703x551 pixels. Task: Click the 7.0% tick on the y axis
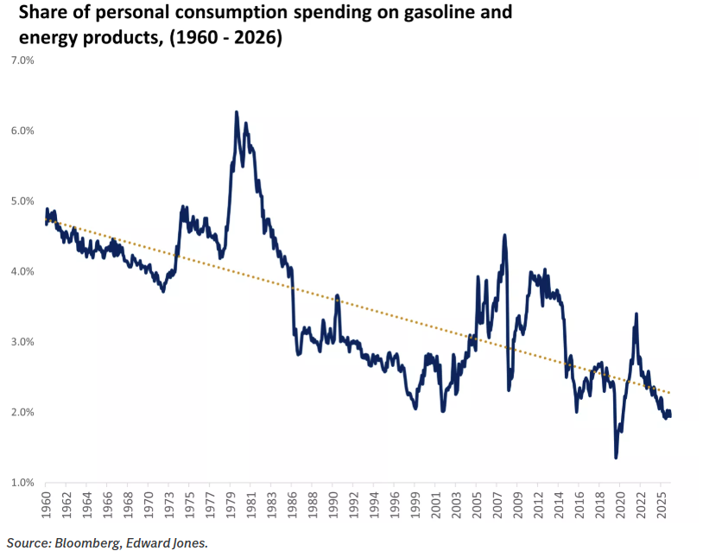[x=21, y=60]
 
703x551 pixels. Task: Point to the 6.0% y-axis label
[x=21, y=130]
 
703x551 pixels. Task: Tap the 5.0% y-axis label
[x=21, y=201]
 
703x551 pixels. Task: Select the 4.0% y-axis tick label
[x=21, y=271]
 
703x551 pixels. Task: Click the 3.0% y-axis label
[x=21, y=342]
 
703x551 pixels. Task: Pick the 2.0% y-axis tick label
[x=21, y=412]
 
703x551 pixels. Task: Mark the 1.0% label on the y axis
[x=21, y=483]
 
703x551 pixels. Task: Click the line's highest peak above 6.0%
[x=236, y=112]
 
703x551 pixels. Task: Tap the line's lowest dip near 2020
[x=616, y=457]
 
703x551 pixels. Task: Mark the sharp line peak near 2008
[x=504, y=235]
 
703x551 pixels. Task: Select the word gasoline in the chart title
[x=438, y=14]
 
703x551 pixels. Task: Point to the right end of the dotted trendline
[x=670, y=393]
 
